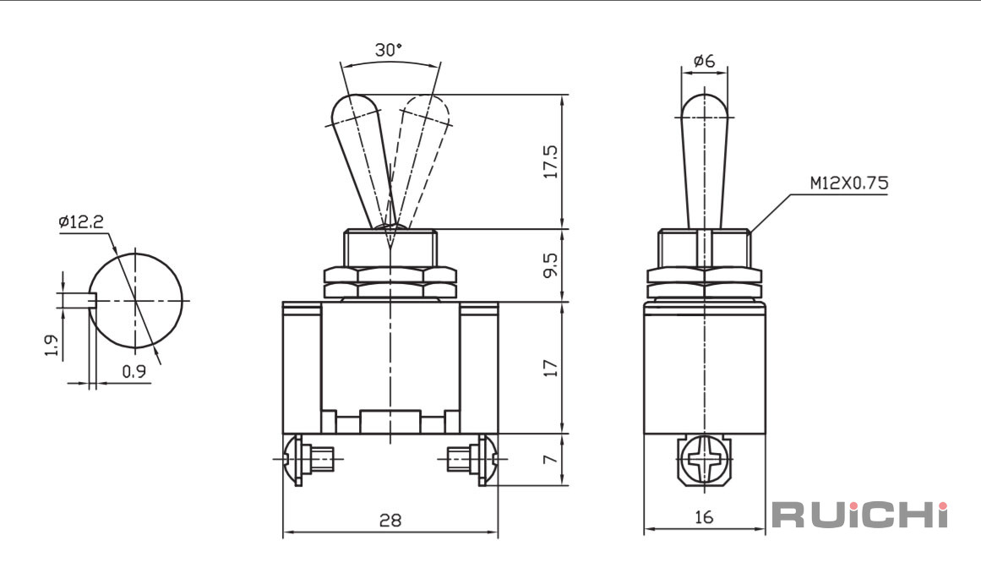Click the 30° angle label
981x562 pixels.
(389, 50)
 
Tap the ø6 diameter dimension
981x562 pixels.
(705, 61)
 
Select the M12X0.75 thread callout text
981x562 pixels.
(849, 183)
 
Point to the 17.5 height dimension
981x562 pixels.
(551, 161)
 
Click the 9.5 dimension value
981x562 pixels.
(551, 265)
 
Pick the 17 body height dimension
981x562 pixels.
(551, 368)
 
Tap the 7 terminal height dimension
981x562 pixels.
(551, 459)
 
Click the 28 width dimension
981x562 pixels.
(390, 520)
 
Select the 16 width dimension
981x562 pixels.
(705, 517)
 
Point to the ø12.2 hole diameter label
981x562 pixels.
(81, 221)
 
